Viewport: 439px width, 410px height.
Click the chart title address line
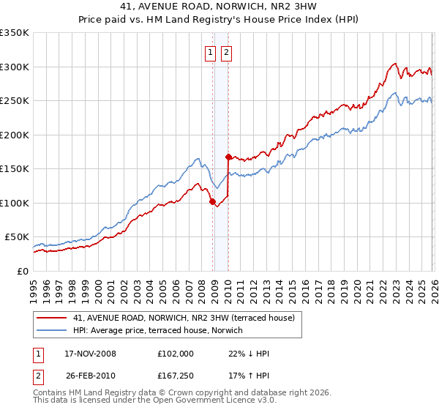coord(219,6)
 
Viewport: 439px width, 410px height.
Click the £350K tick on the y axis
coord(15,33)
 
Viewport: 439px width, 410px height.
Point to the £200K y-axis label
coord(15,135)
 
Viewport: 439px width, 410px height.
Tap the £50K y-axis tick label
coord(17,237)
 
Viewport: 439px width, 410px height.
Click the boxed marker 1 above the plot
coord(211,52)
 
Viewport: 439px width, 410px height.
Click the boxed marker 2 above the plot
coord(226,52)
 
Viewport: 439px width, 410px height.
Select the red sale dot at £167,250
coord(228,157)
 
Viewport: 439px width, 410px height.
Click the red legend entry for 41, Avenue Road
coord(183,318)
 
